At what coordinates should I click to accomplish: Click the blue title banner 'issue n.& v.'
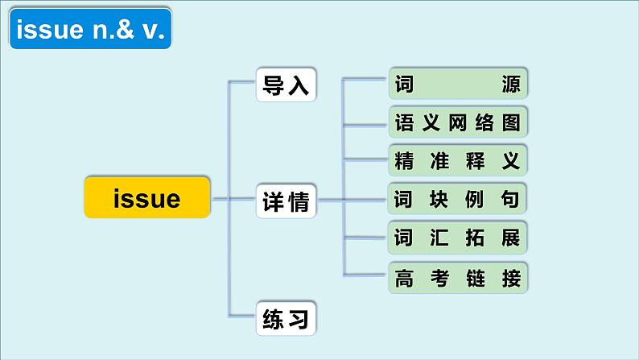pos(92,31)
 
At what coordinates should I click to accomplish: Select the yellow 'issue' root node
pos(147,197)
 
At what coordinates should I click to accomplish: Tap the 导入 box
pos(286,84)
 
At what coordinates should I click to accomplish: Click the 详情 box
pos(286,202)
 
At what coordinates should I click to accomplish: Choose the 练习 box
pos(286,320)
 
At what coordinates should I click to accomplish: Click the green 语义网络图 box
pos(458,123)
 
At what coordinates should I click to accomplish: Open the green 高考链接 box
pos(458,278)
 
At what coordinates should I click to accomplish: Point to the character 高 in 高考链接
pos(404,278)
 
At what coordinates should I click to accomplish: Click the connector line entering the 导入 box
pos(243,82)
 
